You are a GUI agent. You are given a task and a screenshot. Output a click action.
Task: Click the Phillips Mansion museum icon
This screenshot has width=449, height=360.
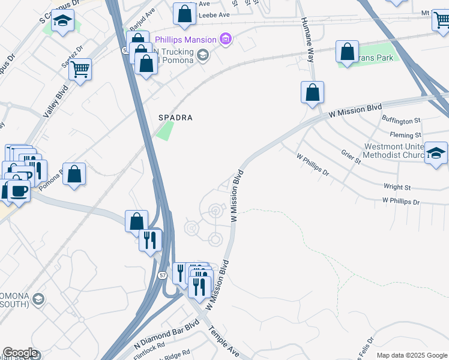click(226, 40)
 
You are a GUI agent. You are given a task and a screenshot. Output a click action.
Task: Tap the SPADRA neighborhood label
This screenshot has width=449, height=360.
click(175, 118)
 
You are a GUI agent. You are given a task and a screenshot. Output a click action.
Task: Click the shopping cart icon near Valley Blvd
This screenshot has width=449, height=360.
click(80, 68)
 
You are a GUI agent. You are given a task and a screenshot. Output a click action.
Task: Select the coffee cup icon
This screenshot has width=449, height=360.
click(19, 191)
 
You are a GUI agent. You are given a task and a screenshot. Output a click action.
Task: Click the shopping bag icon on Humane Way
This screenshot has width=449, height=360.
click(312, 93)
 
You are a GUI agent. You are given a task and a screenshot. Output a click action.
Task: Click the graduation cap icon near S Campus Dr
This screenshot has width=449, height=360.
click(62, 21)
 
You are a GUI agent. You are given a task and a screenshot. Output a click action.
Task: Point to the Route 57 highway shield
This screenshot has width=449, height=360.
click(163, 275)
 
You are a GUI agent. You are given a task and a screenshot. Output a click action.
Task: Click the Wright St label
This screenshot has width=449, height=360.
click(397, 187)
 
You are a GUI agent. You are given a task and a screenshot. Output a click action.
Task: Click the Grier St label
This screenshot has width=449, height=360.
click(351, 158)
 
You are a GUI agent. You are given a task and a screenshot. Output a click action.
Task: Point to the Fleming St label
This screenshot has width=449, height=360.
click(405, 136)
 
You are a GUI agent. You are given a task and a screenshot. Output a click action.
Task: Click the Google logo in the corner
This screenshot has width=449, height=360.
click(20, 353)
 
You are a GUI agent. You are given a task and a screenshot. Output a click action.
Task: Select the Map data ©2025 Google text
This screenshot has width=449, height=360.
click(411, 355)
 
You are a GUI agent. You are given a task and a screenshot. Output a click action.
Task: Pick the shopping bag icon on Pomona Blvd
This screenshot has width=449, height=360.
click(74, 175)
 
